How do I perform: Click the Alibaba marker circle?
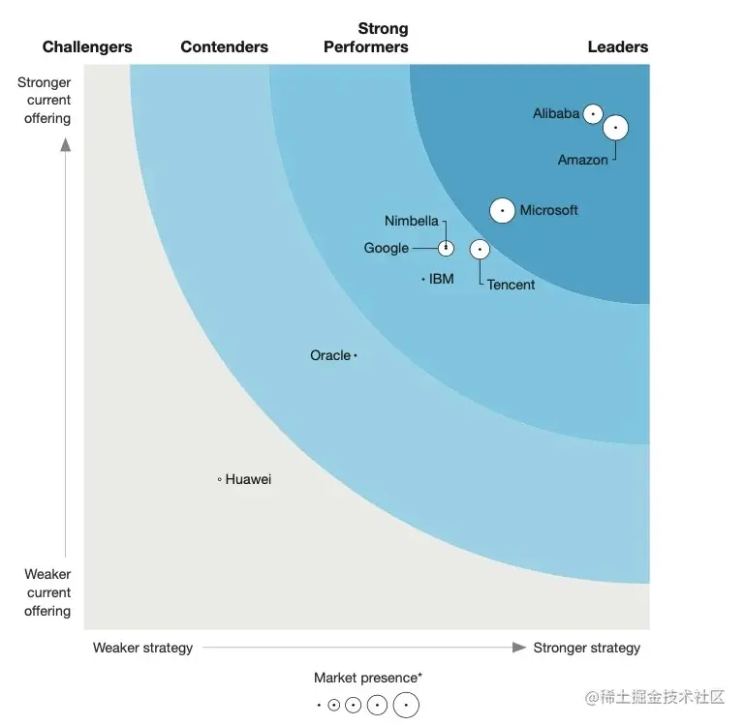593,114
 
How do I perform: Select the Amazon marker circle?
616,128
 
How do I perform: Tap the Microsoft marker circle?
502,210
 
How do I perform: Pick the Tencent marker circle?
480,250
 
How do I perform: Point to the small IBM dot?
423,280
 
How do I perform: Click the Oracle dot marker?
356,356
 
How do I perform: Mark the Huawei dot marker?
220,479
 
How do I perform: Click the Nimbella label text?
412,221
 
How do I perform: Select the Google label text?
387,248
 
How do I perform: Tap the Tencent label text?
511,285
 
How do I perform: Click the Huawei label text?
249,479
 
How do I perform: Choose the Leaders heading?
618,46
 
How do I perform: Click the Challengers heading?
87,46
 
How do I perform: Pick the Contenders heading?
225,46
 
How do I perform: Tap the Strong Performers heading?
366,38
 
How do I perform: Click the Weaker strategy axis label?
142,648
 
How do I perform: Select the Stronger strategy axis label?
586,648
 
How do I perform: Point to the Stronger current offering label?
45,101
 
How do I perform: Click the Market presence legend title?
367,678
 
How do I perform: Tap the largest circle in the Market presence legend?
406,706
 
